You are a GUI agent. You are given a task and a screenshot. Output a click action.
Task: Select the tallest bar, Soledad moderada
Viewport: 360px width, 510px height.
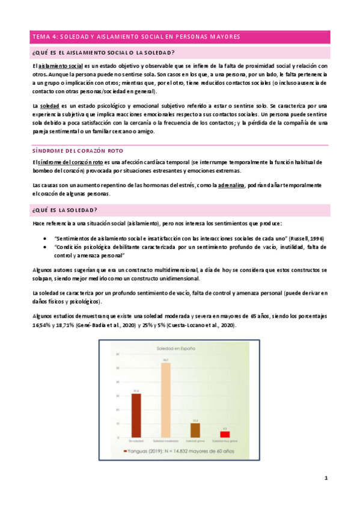coord(166,400)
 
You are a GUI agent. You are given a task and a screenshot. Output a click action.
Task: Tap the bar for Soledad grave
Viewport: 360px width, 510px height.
coord(195,430)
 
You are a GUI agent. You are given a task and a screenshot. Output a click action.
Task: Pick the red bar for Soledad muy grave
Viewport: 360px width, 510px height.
coord(225,434)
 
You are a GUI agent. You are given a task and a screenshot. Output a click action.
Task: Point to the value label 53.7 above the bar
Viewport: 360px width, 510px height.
coord(166,360)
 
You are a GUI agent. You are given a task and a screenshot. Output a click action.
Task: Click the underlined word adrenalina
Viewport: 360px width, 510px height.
coord(231,185)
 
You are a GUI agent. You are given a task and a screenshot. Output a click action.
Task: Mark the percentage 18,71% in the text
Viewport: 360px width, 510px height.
coord(61,325)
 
